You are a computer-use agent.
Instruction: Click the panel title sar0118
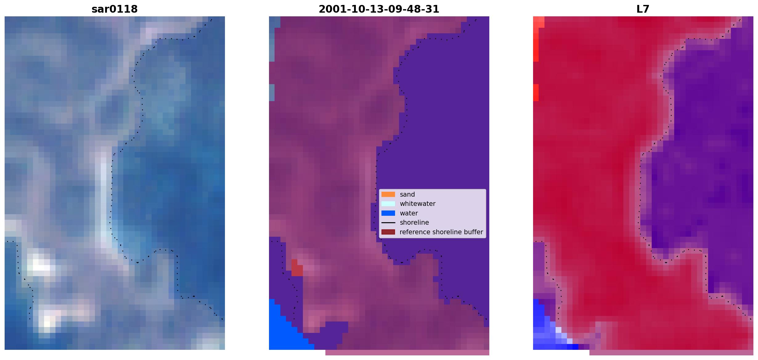115,9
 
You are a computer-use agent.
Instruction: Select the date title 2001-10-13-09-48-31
379,9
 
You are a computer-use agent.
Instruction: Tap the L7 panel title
643,9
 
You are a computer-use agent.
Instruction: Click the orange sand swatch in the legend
388,194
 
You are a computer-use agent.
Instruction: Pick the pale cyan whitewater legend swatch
388,204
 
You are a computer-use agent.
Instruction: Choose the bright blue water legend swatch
388,213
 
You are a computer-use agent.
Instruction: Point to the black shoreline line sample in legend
388,223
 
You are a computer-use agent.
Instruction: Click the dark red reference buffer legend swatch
388,232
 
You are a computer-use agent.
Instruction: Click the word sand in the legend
407,194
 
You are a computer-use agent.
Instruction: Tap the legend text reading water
409,213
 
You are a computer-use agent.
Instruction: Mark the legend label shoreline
414,223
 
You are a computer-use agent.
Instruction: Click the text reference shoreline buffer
441,232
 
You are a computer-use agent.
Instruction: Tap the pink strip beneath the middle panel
407,353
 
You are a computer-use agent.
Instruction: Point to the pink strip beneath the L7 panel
671,353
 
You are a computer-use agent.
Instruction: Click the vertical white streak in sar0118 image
104,200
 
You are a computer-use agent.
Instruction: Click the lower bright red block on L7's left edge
536,92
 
